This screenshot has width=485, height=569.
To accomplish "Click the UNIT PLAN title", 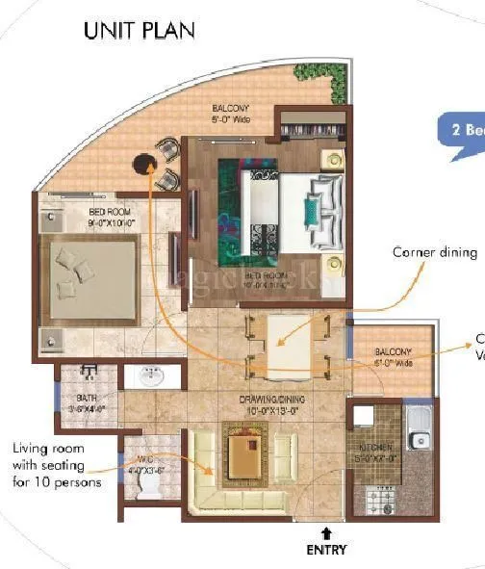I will pos(140,30).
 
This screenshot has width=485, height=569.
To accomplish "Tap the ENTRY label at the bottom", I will pos(327,550).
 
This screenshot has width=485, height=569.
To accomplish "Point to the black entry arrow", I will pos(327,530).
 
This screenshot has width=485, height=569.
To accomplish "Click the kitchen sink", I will pos(418,440).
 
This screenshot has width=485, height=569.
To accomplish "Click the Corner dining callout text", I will pos(434,252).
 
